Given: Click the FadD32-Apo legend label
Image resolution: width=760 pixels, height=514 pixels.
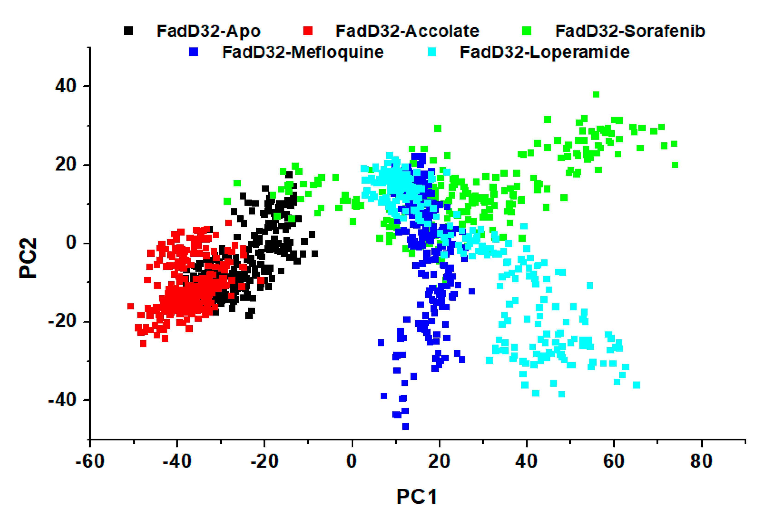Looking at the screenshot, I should [x=208, y=31].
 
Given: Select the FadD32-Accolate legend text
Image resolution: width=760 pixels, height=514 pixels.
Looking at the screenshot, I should [x=407, y=31].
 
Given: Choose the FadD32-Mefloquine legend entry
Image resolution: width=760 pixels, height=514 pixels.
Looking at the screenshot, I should [x=303, y=52].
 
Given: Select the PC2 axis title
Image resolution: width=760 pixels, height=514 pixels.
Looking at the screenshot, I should [x=28, y=258].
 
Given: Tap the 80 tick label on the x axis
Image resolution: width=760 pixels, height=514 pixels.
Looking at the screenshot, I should [x=701, y=461].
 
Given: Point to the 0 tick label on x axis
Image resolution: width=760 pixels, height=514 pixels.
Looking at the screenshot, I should [x=352, y=461].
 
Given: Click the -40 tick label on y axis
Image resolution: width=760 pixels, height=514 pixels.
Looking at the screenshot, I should [x=62, y=400].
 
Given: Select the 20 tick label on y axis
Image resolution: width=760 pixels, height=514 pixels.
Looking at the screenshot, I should [x=65, y=164].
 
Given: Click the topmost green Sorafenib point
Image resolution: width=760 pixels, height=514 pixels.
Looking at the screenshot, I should [x=596, y=94].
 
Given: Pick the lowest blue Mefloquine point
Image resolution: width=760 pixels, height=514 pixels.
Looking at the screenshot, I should [x=405, y=426].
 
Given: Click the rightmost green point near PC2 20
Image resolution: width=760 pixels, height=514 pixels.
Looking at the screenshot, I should [x=675, y=164].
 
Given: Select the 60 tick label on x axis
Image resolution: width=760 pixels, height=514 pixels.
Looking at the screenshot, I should [x=614, y=461].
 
